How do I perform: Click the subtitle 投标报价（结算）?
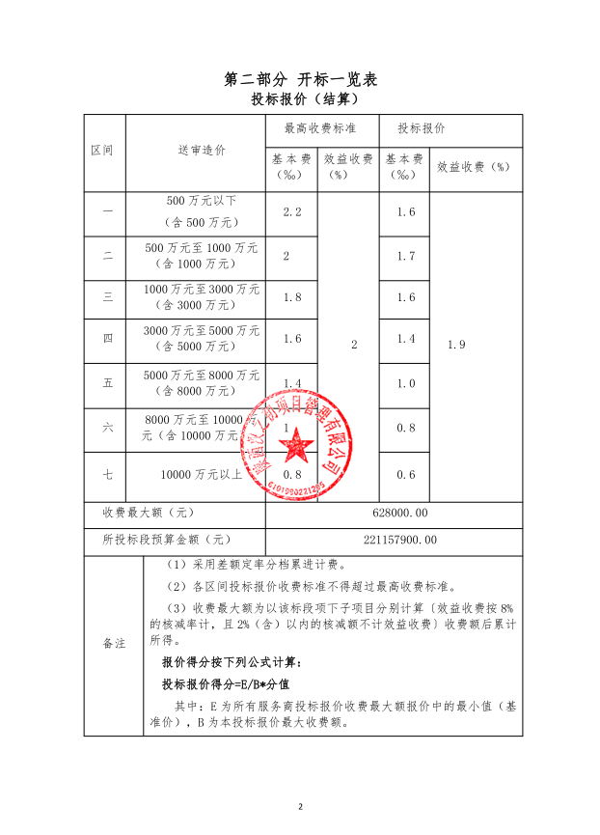[300, 99]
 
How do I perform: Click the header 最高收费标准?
[320, 128]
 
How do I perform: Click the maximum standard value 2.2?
[292, 212]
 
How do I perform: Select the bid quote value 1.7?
[405, 257]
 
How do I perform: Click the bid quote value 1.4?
[405, 339]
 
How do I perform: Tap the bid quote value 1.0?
[405, 383]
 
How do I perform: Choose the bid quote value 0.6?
[405, 474]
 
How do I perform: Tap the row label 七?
[108, 474]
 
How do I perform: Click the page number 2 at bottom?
[300, 806]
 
